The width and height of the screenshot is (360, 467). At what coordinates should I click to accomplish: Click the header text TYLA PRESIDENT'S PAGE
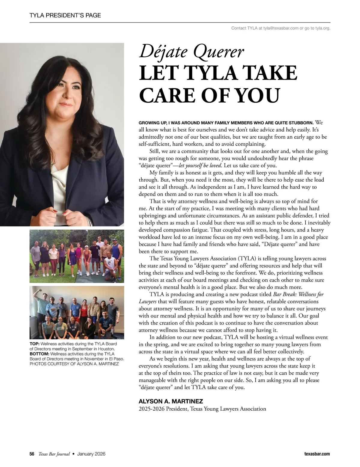65,15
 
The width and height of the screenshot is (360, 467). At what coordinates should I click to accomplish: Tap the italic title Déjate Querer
191,52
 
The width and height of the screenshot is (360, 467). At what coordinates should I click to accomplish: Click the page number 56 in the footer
32,454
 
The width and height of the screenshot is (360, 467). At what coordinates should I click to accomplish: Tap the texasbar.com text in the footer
317,454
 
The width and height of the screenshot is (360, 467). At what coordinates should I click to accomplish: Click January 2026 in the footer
91,454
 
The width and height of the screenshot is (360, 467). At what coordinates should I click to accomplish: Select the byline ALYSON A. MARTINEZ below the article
171,401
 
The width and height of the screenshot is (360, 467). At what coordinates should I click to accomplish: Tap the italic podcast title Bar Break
285,294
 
